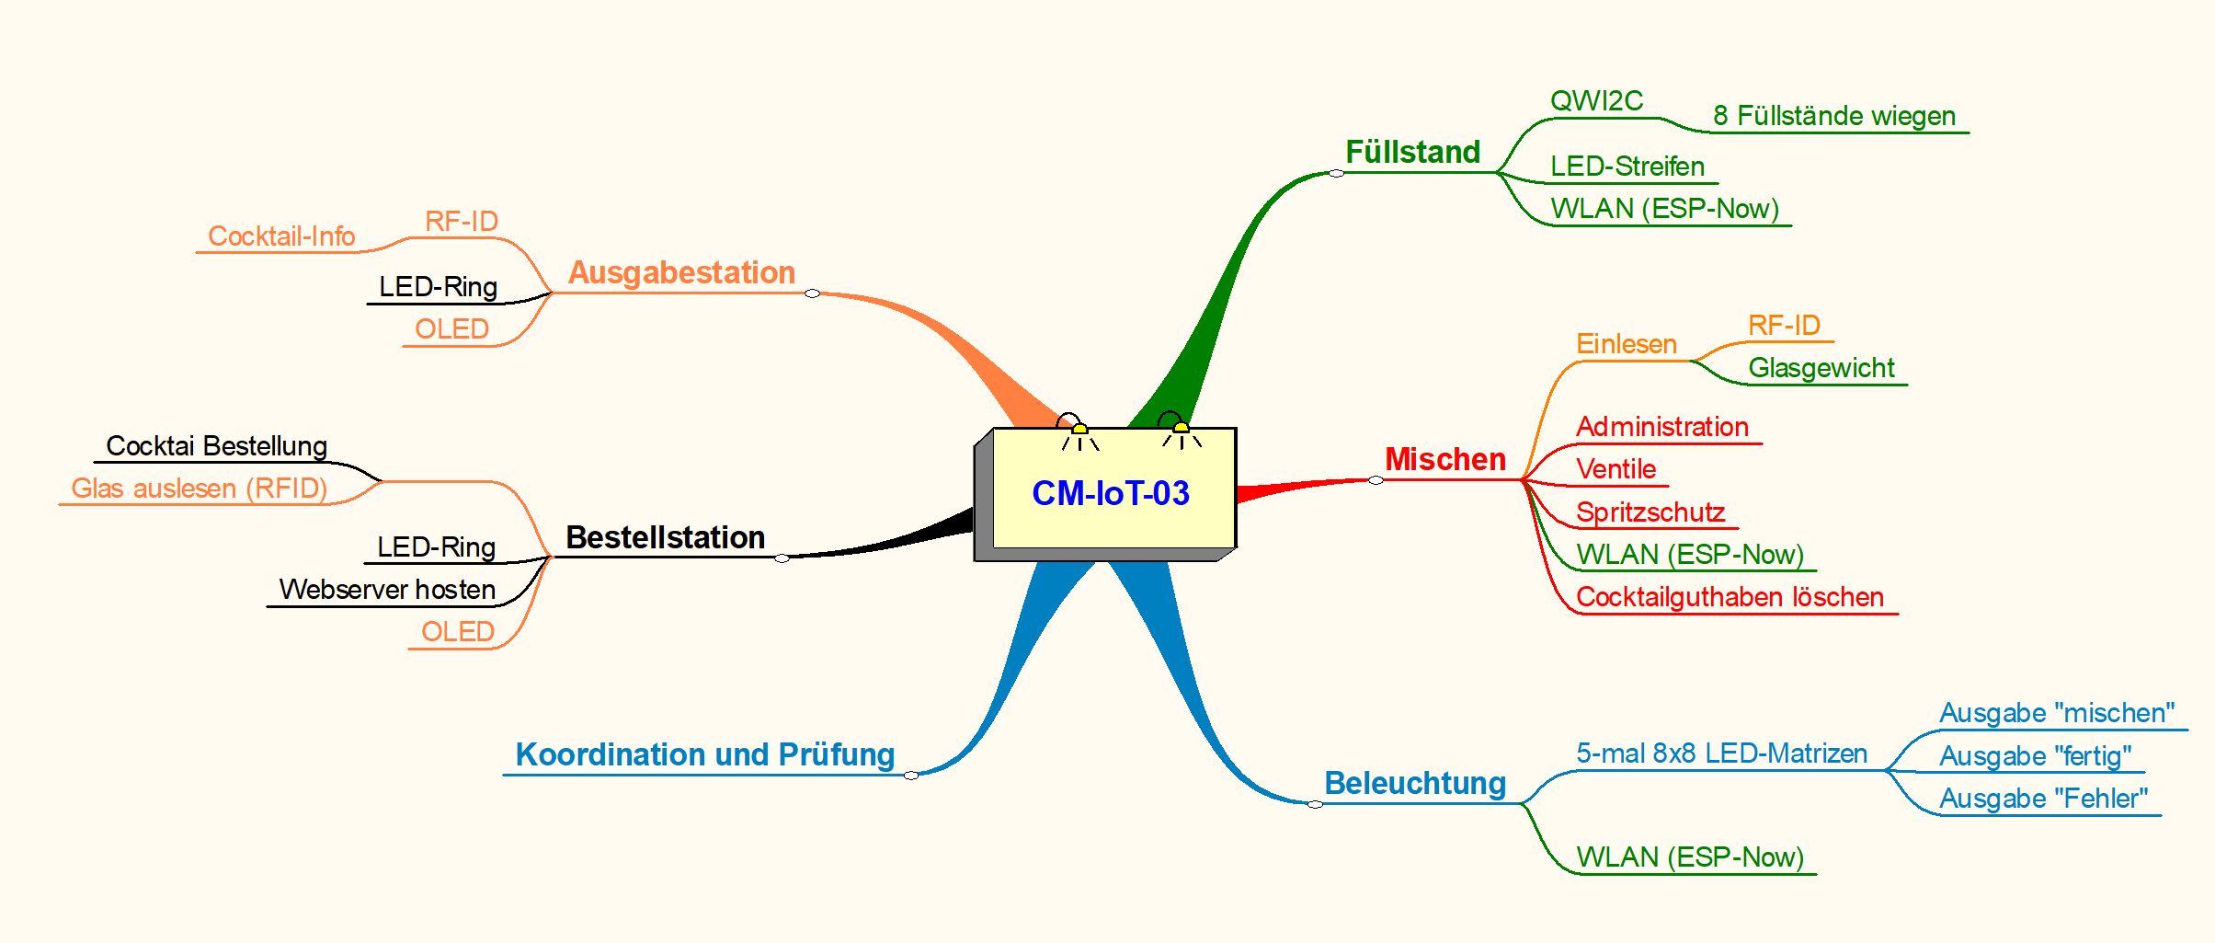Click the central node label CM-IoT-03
[1111, 493]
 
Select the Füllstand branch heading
[1412, 152]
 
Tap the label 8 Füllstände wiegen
[1833, 116]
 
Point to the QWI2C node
[1596, 100]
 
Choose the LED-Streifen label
[1627, 167]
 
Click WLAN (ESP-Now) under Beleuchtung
[1689, 857]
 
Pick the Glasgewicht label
[1821, 368]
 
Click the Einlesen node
[1626, 344]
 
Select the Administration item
[1661, 427]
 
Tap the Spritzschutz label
[1650, 512]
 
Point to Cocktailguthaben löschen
[1730, 597]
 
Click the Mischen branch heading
[1444, 459]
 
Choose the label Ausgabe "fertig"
[2035, 755]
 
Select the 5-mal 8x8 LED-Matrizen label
[1721, 753]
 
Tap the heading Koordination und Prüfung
[704, 754]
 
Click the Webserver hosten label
[387, 589]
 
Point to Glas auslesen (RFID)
[199, 488]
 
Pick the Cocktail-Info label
[281, 236]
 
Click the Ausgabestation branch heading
[681, 272]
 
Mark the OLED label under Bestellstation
[457, 631]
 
